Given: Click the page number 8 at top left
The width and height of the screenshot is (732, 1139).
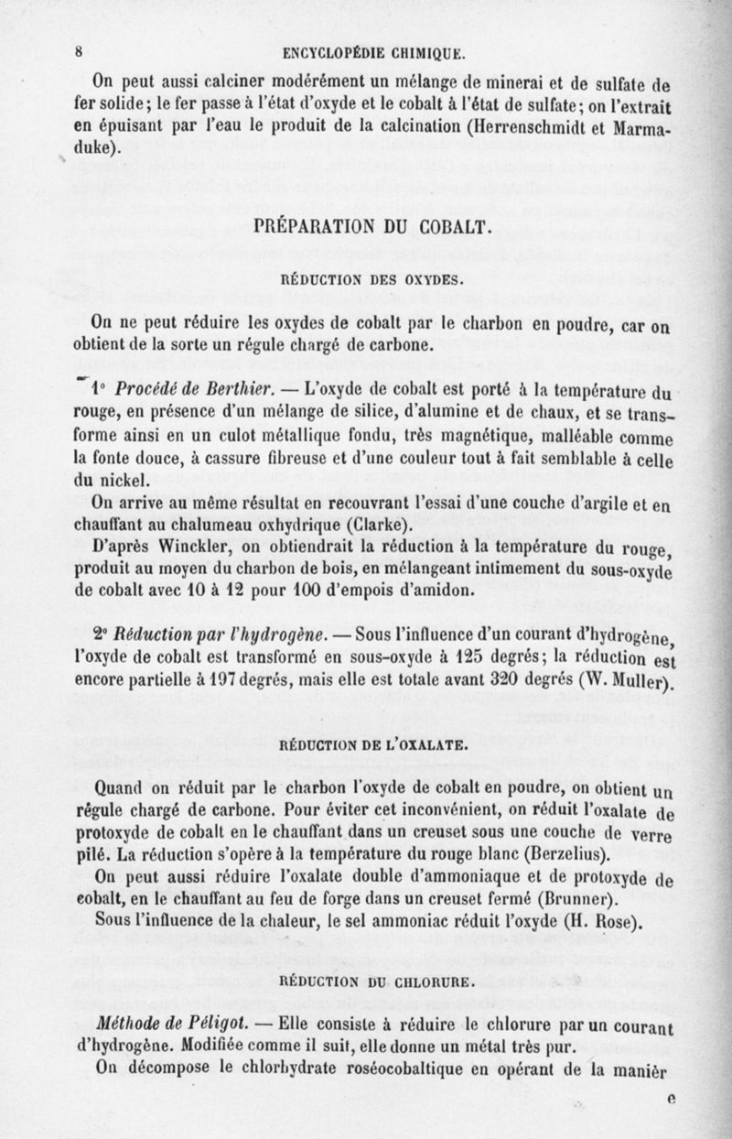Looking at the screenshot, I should click(x=80, y=51).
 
